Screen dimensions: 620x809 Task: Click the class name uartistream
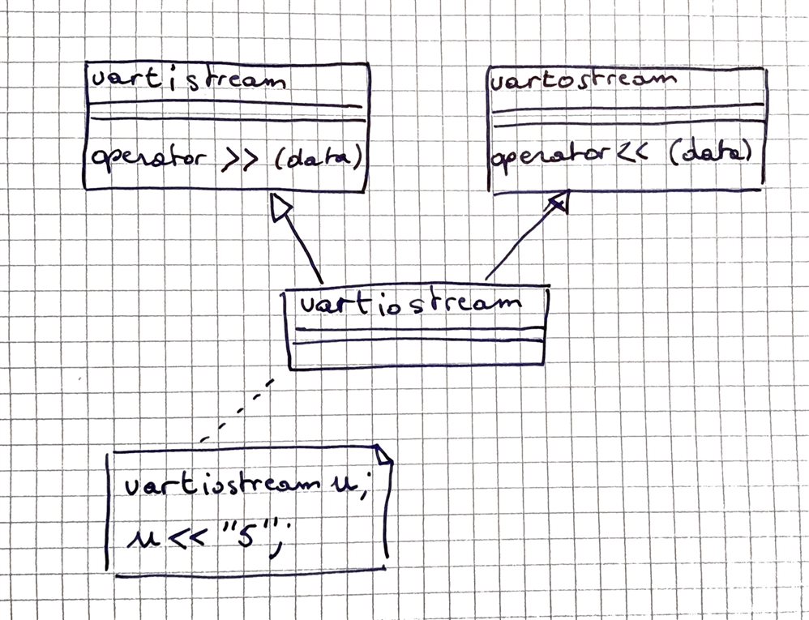pyautogui.click(x=188, y=82)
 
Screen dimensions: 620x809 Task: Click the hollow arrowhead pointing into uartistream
pyautogui.click(x=280, y=209)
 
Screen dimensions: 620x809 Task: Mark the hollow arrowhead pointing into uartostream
pyautogui.click(x=559, y=203)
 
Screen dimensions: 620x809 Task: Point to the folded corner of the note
pyautogui.click(x=382, y=455)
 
